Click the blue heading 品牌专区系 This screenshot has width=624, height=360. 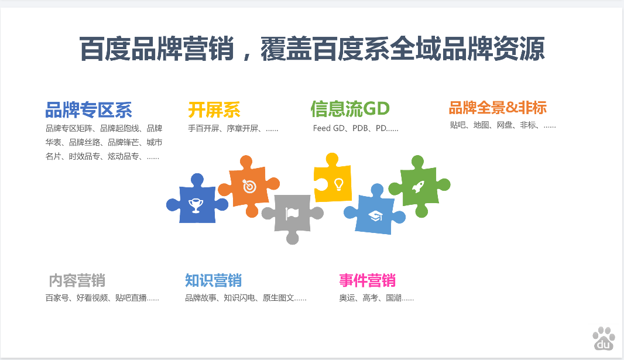[88, 110]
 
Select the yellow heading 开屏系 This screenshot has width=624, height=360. [214, 110]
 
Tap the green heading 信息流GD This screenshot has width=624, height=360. [350, 109]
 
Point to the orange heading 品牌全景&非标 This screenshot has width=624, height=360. [498, 108]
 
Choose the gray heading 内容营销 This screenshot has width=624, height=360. [77, 280]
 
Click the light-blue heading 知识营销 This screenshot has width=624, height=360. [213, 280]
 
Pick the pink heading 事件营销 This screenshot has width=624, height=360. [367, 280]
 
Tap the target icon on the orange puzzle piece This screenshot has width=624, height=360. [249, 186]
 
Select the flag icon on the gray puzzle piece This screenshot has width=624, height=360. [292, 214]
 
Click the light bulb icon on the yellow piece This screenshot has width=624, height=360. [339, 184]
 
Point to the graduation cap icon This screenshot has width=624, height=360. [375, 216]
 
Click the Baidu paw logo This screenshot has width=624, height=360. [604, 338]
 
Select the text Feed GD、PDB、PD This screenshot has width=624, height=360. [350, 128]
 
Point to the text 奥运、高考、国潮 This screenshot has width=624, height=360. [370, 298]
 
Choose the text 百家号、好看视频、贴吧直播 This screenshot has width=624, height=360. [96, 298]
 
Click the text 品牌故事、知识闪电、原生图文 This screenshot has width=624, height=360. [239, 298]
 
